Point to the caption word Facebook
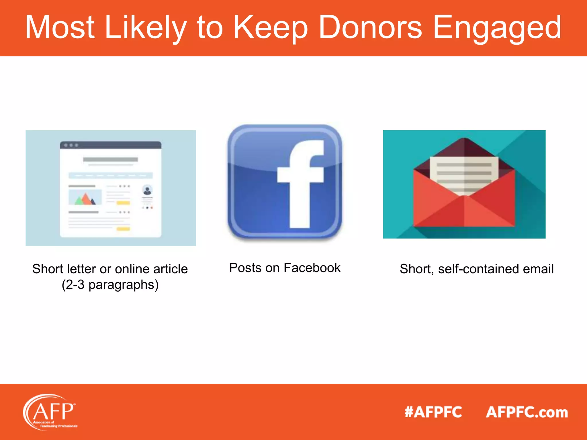point(312,268)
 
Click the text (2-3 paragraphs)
point(110,285)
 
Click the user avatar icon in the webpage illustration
point(147,190)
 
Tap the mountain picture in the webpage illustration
point(85,197)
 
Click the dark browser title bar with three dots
point(111,145)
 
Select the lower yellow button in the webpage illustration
point(123,229)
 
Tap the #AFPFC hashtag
point(433,412)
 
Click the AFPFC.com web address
point(527,412)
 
